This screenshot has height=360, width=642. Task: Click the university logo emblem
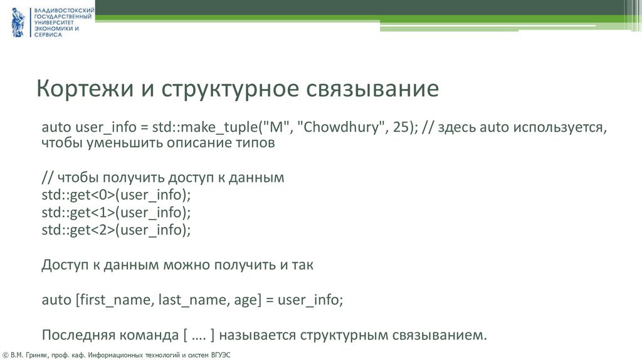[18, 23]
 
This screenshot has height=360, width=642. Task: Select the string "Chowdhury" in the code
[339, 127]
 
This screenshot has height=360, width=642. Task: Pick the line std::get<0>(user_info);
[116, 195]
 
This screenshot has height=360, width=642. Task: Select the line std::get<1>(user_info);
[116, 213]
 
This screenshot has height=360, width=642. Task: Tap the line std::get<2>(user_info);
[116, 230]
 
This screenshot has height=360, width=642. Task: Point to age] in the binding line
[245, 300]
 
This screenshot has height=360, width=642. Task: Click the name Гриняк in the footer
[39, 355]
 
